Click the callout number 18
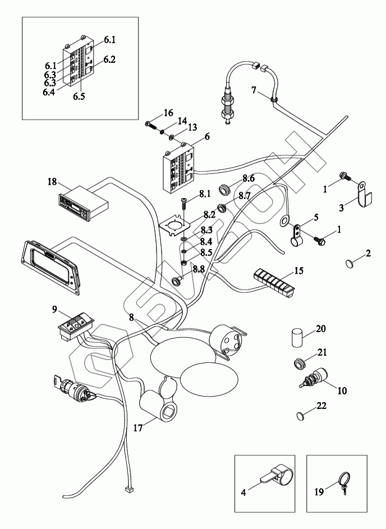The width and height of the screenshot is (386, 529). coord(52,182)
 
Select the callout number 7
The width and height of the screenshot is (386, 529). coord(254,90)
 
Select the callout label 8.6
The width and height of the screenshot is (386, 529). coord(249,178)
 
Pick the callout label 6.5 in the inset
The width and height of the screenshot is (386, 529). coord(79,96)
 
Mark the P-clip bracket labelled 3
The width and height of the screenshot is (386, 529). coord(361,191)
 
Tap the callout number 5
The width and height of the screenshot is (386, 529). coord(315,217)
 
